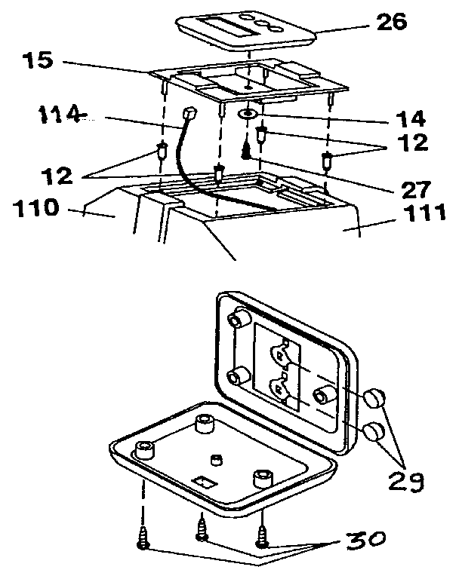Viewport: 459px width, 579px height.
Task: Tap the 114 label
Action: [x=60, y=115]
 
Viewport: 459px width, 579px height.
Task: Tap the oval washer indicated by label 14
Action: [x=248, y=115]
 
